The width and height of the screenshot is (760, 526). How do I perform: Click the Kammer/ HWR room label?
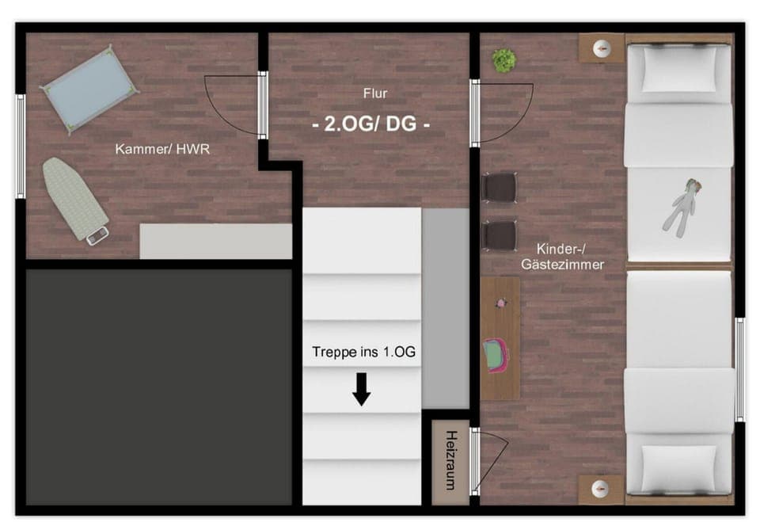pyautogui.click(x=162, y=149)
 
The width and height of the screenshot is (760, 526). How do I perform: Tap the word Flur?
pyautogui.click(x=375, y=93)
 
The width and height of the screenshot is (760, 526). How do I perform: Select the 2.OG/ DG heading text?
pyautogui.click(x=372, y=125)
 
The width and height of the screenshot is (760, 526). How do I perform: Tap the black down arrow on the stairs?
pyautogui.click(x=362, y=389)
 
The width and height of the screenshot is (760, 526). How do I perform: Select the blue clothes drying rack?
pyautogui.click(x=88, y=90)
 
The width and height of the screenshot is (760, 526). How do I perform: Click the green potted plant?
pyautogui.click(x=503, y=59)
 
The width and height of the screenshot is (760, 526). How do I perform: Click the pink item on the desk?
pyautogui.click(x=496, y=355)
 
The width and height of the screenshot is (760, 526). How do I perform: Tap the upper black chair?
pyautogui.click(x=500, y=188)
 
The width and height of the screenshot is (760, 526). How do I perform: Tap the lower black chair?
pyautogui.click(x=500, y=235)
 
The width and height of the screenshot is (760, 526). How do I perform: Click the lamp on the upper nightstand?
pyautogui.click(x=602, y=49)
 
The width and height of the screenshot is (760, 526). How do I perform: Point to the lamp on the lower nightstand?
pyautogui.click(x=602, y=488)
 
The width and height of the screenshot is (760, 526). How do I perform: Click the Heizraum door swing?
pyautogui.click(x=489, y=459)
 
